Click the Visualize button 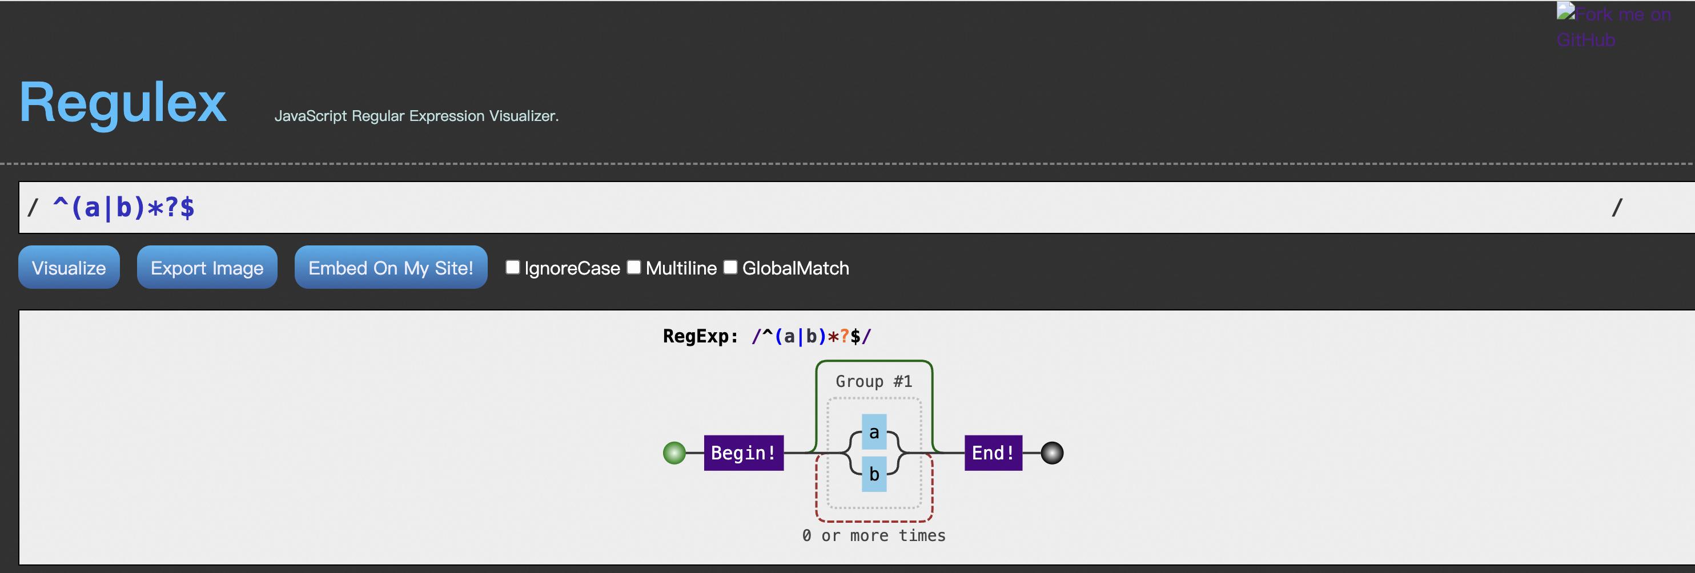69,267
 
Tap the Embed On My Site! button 391,267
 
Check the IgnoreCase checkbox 513,267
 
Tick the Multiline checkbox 634,267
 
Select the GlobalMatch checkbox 730,267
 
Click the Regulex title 123,102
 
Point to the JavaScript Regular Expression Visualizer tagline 416,116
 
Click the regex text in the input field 124,208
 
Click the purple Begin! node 744,453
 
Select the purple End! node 993,453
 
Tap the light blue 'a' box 874,432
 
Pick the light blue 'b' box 874,474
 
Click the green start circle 674,453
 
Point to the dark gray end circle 1051,453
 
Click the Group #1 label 874,382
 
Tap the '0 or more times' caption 874,535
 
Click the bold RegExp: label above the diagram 700,336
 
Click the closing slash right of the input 1617,208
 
